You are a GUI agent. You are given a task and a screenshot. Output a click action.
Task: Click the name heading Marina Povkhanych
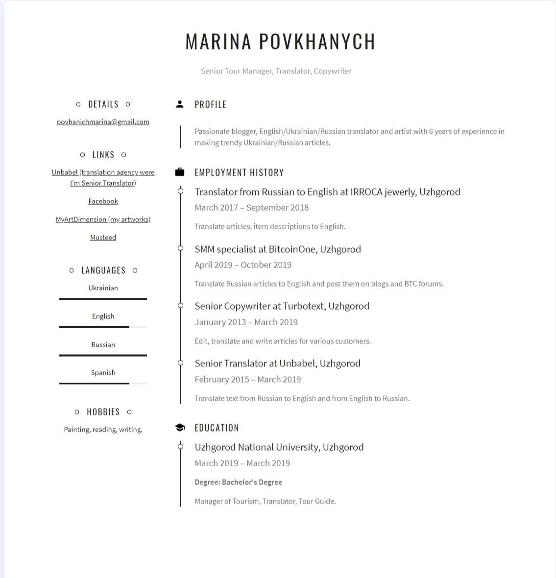pyautogui.click(x=280, y=42)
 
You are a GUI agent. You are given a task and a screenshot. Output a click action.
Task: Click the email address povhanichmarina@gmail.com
pyautogui.click(x=103, y=122)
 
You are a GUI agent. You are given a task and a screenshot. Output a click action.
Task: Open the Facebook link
pyautogui.click(x=103, y=201)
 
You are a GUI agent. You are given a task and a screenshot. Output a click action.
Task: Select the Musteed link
pyautogui.click(x=103, y=238)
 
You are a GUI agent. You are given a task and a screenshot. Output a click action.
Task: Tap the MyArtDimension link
pyautogui.click(x=103, y=219)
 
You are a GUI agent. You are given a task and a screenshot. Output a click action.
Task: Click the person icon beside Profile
pyautogui.click(x=180, y=104)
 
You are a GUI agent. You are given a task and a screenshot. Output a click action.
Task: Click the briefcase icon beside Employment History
pyautogui.click(x=180, y=172)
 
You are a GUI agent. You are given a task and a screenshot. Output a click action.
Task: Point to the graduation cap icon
pyautogui.click(x=180, y=428)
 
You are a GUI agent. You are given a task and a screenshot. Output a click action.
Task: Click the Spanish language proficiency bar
pyautogui.click(x=103, y=384)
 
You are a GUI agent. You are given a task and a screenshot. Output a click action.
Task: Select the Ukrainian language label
pyautogui.click(x=103, y=288)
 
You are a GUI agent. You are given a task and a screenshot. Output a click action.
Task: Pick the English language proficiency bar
pyautogui.click(x=103, y=327)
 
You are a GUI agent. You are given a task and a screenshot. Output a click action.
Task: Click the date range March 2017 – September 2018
pyautogui.click(x=251, y=208)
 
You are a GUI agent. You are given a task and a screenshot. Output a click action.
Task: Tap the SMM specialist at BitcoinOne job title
pyautogui.click(x=277, y=249)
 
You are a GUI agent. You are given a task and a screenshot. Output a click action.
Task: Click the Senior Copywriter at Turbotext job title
pyautogui.click(x=282, y=306)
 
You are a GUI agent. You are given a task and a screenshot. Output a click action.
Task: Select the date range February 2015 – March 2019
pyautogui.click(x=247, y=380)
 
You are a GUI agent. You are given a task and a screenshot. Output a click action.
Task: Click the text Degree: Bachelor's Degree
pyautogui.click(x=238, y=482)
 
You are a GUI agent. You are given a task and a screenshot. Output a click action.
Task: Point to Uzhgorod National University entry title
pyautogui.click(x=279, y=447)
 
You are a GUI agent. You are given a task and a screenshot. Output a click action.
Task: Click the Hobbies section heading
pyautogui.click(x=103, y=412)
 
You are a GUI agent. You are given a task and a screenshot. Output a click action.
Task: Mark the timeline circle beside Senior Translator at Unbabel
pyautogui.click(x=180, y=363)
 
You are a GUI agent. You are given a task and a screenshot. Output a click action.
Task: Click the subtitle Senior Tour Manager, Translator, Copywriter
pyautogui.click(x=276, y=71)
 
